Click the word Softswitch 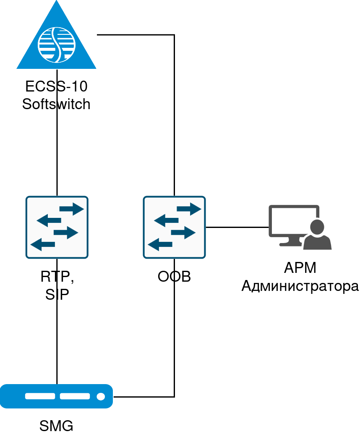[x=56, y=103]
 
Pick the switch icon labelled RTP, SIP [x=57, y=227]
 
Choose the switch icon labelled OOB [x=174, y=227]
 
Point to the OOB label [x=174, y=277]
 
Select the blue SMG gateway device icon [x=56, y=396]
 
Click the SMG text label [x=56, y=426]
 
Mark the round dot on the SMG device [x=101, y=396]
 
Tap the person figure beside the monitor [x=318, y=235]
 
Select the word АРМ [x=300, y=268]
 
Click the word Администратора [x=300, y=286]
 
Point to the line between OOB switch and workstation [x=237, y=227]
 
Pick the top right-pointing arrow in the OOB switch [x=189, y=209]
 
